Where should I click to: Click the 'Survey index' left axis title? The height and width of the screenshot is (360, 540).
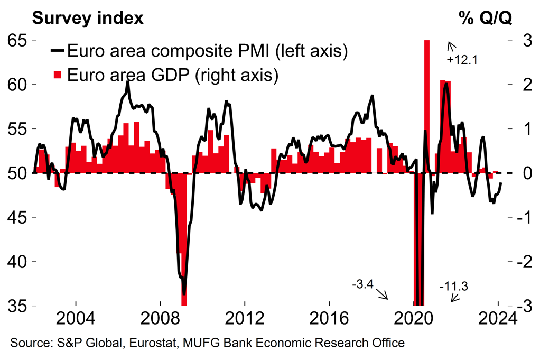click(88, 18)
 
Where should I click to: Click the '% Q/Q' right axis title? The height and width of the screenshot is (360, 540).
click(485, 18)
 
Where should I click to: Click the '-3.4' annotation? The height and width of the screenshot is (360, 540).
click(362, 285)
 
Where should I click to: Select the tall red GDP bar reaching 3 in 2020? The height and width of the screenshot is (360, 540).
click(427, 106)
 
